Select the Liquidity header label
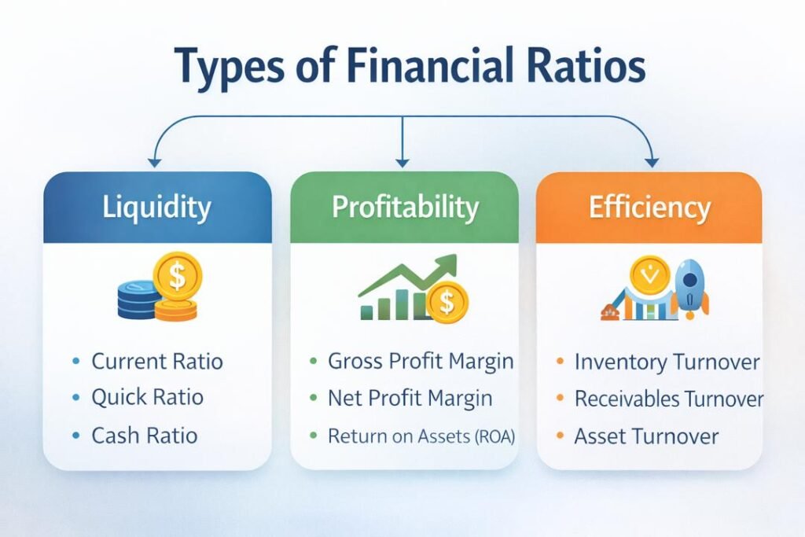point(157,208)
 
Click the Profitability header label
point(405,208)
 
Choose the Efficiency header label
point(649,208)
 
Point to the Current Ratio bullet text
point(157,362)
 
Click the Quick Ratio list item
point(147,398)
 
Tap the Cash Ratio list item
point(144,435)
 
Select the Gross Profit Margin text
point(421,362)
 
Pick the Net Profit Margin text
point(410,399)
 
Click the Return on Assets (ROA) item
point(421,435)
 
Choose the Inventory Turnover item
point(667,362)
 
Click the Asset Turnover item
point(646,436)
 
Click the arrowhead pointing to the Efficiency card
point(651,161)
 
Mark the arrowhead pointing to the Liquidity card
point(154,161)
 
